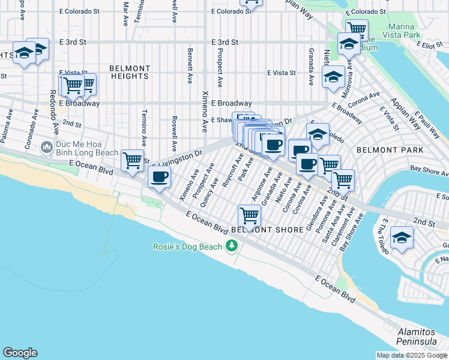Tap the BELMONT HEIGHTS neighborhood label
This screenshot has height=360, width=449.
130,72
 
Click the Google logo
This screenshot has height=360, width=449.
20,353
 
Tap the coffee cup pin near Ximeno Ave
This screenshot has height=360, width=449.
159,176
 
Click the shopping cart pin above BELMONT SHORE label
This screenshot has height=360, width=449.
249,214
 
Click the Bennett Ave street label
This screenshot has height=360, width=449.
190,65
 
